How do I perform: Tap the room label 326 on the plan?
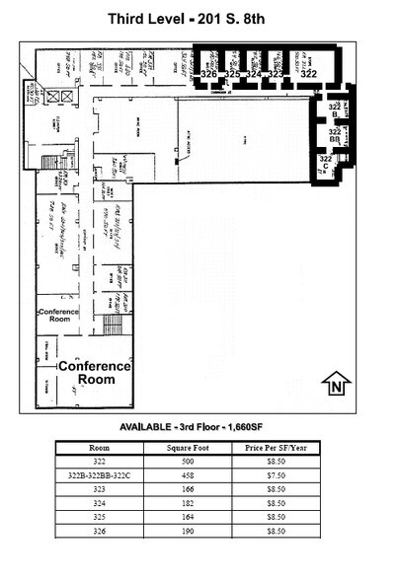(208, 74)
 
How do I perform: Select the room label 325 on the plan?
(232, 74)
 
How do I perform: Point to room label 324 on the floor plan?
(254, 74)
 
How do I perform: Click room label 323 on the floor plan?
(277, 74)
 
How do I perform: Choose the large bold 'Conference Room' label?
(94, 373)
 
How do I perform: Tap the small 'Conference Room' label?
(58, 316)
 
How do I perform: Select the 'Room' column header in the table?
(100, 447)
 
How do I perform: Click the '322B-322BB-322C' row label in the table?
(100, 473)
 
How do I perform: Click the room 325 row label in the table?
(100, 516)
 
